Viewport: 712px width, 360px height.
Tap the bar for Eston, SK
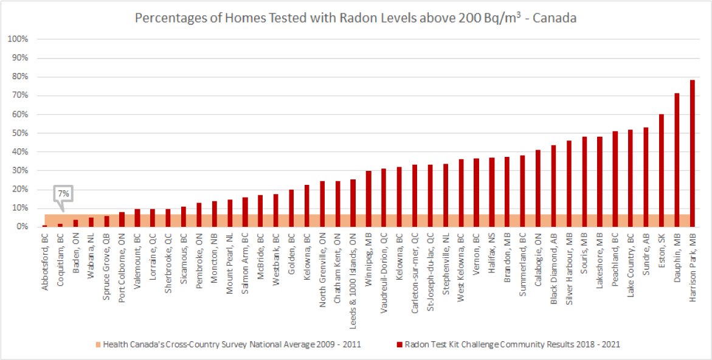click(x=661, y=170)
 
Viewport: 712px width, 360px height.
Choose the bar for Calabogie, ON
click(x=537, y=189)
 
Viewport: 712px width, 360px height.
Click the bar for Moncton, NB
click(x=214, y=214)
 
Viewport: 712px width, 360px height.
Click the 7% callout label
click(x=63, y=193)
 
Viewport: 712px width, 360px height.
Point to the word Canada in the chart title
click(x=555, y=19)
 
